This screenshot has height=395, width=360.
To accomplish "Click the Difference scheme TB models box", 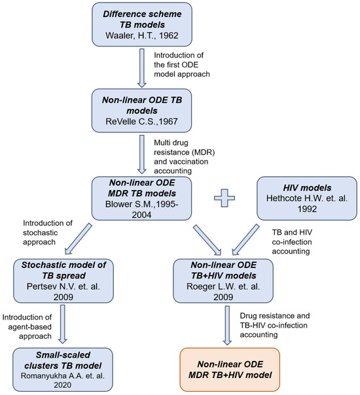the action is coord(142,24).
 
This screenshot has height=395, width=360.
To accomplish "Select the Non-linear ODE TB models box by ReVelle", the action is coord(142,111).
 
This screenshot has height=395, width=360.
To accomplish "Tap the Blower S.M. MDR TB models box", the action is coord(142,198).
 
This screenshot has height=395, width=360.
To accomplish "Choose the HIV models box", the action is coord(307,198).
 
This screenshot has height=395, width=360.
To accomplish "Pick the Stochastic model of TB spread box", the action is coord(63,281).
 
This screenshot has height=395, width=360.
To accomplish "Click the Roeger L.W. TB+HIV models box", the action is coord(223,281).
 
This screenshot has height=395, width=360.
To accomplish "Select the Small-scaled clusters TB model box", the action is coord(63,369).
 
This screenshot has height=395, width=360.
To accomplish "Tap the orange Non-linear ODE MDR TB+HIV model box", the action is coord(230,369).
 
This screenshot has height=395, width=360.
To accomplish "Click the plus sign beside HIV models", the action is coord(225,198).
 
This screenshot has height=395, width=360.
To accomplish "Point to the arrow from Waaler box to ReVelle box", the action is coord(142,68).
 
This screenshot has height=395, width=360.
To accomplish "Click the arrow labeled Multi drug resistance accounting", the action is coord(142,155).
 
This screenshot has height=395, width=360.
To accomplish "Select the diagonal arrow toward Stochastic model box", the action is coord(78,238).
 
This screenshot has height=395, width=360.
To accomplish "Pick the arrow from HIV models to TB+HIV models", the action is coord(245,240).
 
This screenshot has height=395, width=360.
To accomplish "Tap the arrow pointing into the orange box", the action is coord(227,326).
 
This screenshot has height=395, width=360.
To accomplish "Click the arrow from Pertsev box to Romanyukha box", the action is coord(63,324).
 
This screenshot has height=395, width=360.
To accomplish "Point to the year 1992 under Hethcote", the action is coord(307,209).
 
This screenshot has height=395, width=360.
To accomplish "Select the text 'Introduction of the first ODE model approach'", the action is coord(182,64).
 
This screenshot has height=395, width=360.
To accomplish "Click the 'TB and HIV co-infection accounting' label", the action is coord(292,242).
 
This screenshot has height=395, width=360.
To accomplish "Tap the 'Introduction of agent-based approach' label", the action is coord(27,327).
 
